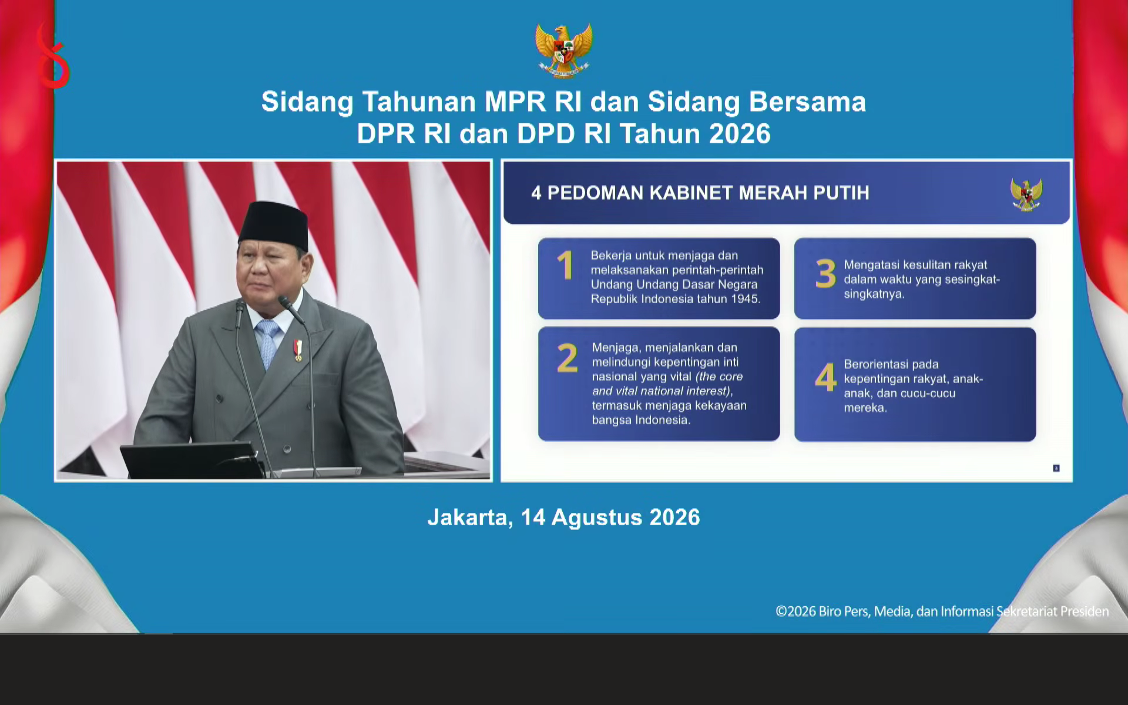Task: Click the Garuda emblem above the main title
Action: pyautogui.click(x=563, y=50)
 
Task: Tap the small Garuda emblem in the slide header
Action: pyautogui.click(x=1026, y=194)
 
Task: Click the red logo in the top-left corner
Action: pyautogui.click(x=52, y=56)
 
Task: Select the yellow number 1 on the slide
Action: pyautogui.click(x=565, y=265)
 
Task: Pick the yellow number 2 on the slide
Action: pyautogui.click(x=567, y=358)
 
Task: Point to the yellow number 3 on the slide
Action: pyautogui.click(x=825, y=274)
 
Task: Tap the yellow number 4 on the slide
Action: pyautogui.click(x=825, y=377)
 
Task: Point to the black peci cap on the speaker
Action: pyautogui.click(x=274, y=225)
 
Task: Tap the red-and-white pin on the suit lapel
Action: pyautogui.click(x=298, y=350)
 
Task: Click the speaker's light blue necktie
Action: pyautogui.click(x=268, y=343)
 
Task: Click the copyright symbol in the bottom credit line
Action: pyautogui.click(x=781, y=612)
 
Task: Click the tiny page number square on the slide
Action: pyautogui.click(x=1056, y=468)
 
